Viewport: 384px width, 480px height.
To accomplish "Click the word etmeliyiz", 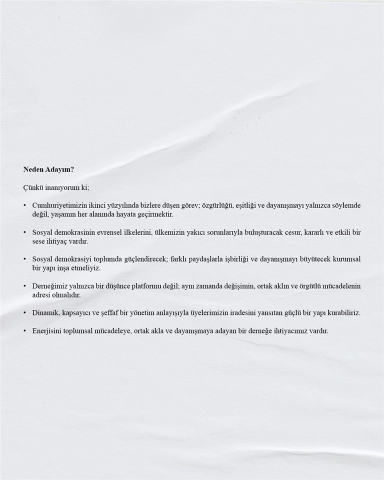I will (x=86, y=268).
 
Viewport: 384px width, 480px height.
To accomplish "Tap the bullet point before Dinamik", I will (x=24, y=313).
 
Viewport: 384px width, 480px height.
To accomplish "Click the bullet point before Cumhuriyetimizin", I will (x=24, y=205).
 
